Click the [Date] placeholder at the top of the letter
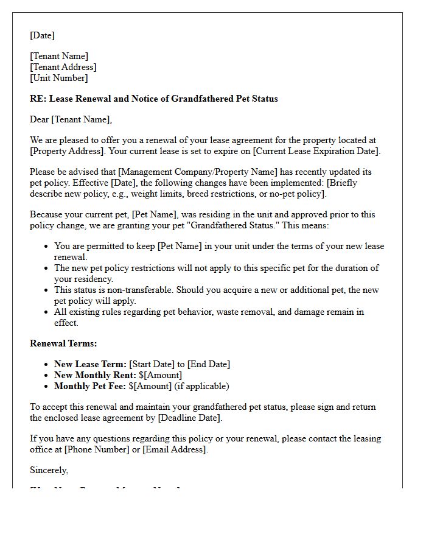pos(42,35)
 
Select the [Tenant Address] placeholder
pos(63,67)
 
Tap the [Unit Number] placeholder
pos(59,78)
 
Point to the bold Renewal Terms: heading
pos(63,343)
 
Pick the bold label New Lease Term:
pos(90,364)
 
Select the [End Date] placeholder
pos(208,364)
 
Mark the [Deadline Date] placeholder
pos(190,418)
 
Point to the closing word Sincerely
pos(49,470)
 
